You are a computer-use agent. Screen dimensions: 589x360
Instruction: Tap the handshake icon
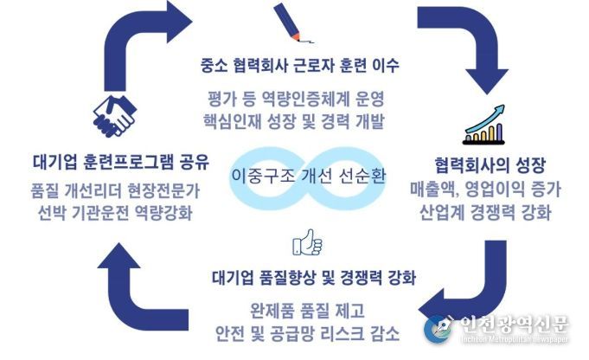(114, 116)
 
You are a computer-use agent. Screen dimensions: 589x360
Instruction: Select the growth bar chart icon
(484, 125)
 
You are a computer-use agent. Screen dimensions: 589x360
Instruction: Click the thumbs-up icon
(307, 242)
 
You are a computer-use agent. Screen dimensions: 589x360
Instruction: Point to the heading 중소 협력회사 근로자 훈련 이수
(300, 66)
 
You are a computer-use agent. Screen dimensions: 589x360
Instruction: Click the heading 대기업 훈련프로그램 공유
(120, 162)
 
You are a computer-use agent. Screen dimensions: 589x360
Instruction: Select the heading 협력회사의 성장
(490, 165)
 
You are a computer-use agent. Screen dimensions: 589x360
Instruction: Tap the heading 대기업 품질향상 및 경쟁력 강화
(314, 278)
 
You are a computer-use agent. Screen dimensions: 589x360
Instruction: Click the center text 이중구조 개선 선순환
(308, 176)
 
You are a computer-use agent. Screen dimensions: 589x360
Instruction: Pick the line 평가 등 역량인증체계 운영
(296, 99)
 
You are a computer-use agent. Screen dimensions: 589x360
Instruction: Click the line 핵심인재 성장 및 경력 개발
(294, 121)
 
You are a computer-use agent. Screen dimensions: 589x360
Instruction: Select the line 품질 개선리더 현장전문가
(115, 191)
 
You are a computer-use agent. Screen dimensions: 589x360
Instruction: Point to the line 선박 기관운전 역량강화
(115, 213)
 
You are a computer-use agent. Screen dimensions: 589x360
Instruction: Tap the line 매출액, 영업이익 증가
(485, 190)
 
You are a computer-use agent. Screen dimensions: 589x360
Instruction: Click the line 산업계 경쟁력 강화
(485, 212)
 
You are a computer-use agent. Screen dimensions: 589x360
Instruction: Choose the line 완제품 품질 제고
(307, 311)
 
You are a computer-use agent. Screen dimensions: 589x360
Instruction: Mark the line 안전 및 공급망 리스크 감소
(307, 333)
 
